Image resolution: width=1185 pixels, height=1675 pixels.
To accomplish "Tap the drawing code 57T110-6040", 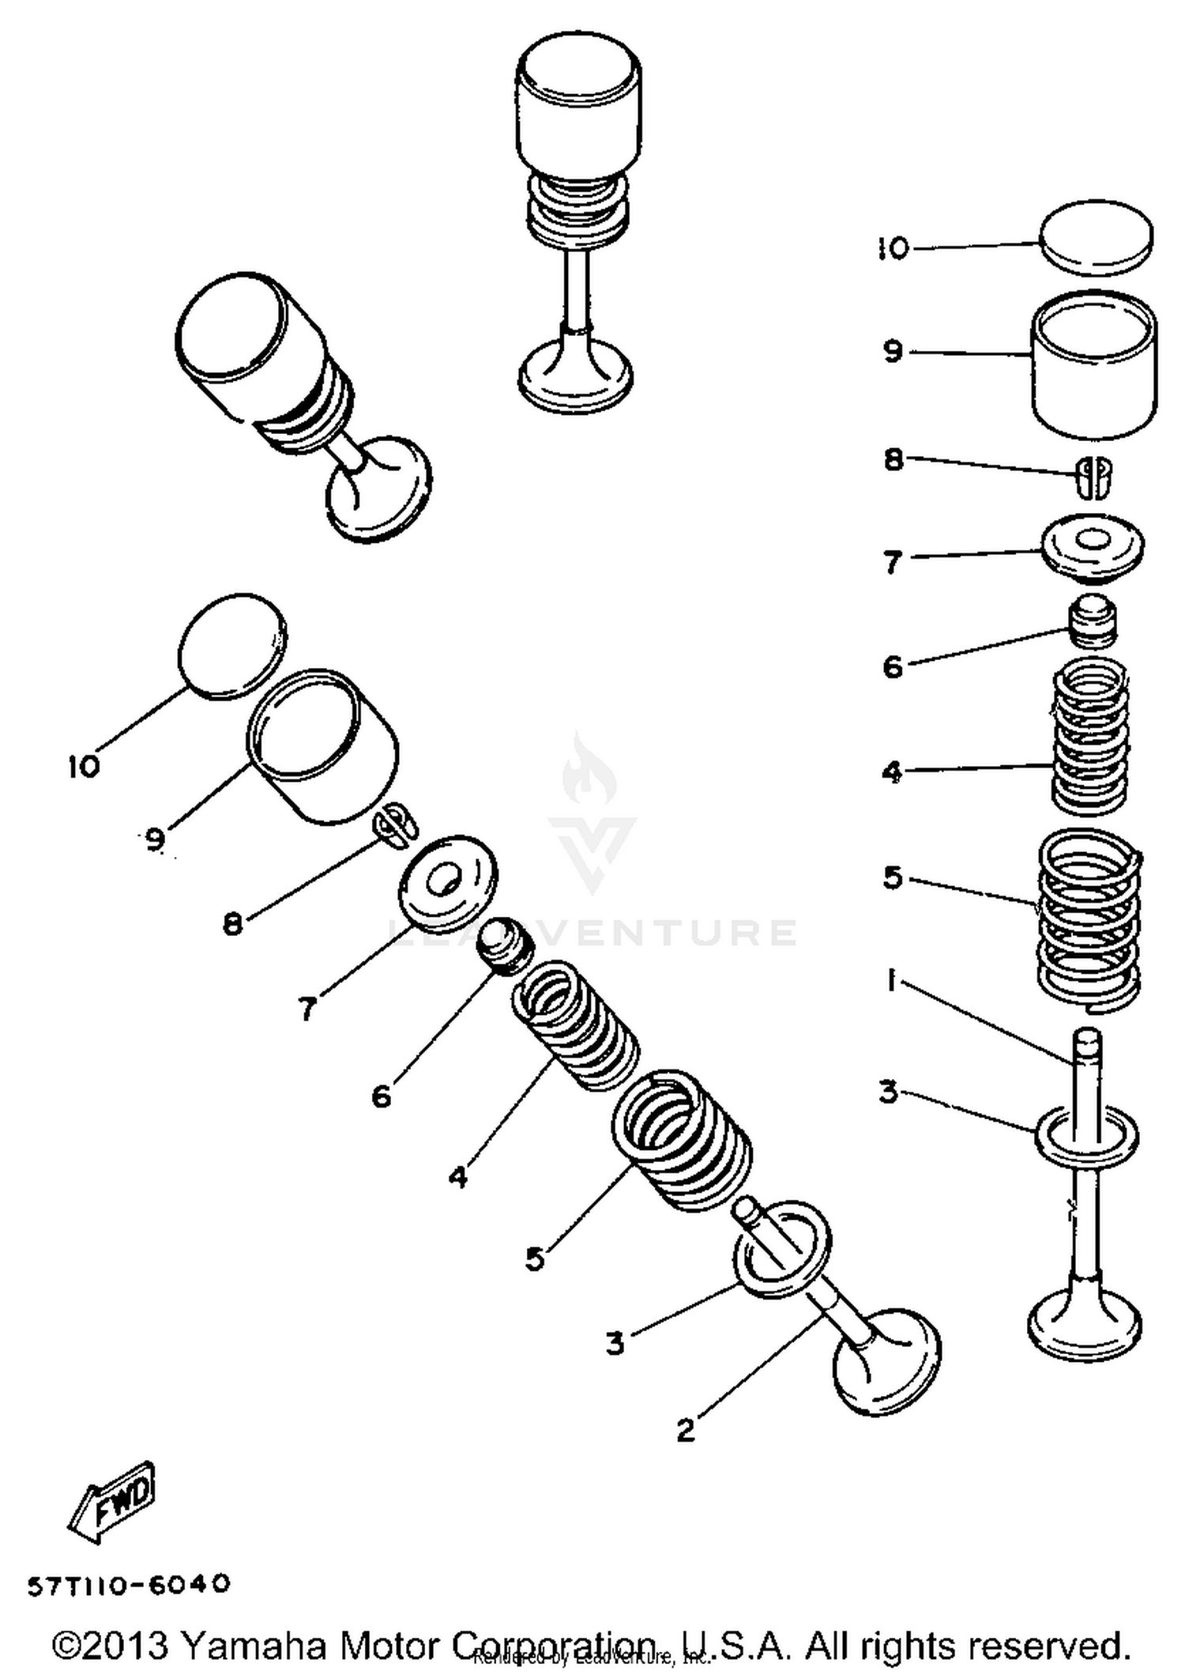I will coord(129,1584).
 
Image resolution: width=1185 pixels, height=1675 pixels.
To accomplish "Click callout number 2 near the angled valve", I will coord(686,1429).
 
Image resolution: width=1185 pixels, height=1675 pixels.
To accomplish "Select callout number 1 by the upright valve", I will coord(891,982).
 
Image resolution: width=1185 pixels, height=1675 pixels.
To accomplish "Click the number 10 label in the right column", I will coord(894,249).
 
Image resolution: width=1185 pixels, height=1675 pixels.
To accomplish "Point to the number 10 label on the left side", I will coord(84,766).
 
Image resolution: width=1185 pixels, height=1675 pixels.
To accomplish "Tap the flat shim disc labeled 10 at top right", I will coord(1094,237).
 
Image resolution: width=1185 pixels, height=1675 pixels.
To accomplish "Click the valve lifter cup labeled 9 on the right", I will coord(1094,365).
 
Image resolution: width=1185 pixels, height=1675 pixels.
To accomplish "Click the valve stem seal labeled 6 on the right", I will coord(1093,620).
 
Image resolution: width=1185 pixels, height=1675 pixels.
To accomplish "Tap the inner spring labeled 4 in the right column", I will coord(1091,738).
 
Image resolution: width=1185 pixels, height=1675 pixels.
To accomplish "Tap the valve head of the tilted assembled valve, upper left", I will coord(379,489).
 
